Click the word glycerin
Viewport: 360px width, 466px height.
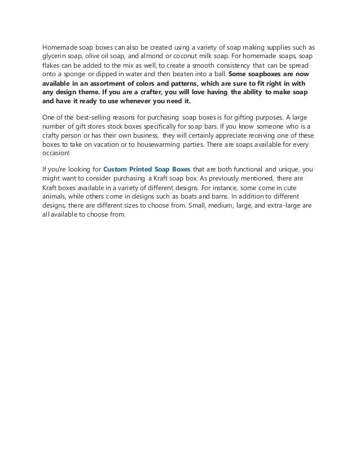pyautogui.click(x=54, y=56)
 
